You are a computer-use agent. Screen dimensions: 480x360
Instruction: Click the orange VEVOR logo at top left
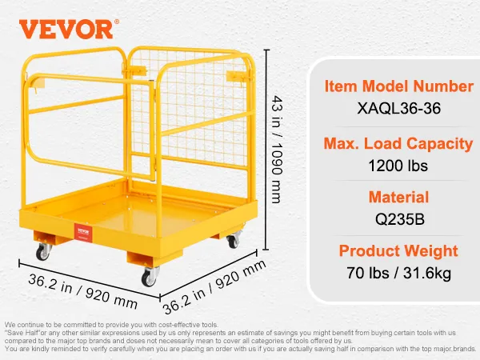click(x=66, y=29)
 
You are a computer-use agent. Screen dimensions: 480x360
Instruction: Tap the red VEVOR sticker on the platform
click(x=83, y=232)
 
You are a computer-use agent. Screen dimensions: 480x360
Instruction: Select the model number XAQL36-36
click(x=399, y=108)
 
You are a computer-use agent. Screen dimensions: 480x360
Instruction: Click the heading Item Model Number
click(x=399, y=86)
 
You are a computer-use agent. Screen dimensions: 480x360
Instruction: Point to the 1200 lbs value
click(x=398, y=166)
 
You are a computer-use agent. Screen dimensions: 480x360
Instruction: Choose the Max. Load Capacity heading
click(x=398, y=143)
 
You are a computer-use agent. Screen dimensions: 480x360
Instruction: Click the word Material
click(x=398, y=197)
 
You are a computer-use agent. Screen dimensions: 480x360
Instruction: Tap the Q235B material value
click(x=400, y=219)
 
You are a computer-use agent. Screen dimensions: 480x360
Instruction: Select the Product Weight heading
click(x=398, y=251)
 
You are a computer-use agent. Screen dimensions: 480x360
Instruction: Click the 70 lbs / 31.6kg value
click(x=398, y=273)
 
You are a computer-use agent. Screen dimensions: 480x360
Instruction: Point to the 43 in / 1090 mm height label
click(x=277, y=150)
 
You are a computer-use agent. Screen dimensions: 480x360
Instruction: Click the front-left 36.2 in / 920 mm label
click(x=82, y=291)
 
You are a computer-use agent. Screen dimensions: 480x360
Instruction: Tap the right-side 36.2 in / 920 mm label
click(x=214, y=287)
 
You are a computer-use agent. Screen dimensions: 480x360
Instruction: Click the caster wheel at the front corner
click(x=150, y=277)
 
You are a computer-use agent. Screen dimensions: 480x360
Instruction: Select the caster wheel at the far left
click(x=43, y=252)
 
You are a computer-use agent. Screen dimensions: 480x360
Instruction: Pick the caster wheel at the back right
click(x=234, y=239)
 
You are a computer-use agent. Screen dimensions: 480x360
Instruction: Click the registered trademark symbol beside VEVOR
click(x=117, y=22)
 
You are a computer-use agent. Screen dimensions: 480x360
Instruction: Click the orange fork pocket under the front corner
click(x=154, y=258)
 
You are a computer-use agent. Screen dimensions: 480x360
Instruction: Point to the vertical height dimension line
click(x=266, y=150)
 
